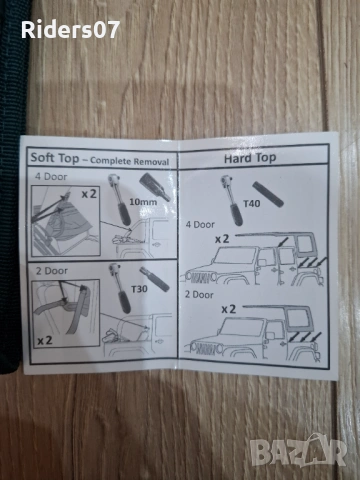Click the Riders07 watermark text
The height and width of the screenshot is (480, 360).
tap(70, 30)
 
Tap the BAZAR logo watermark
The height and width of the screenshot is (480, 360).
tap(299, 450)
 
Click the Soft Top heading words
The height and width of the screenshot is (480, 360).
tap(55, 158)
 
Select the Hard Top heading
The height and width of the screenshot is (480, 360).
tap(250, 158)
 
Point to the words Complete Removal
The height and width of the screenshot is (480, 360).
tap(130, 161)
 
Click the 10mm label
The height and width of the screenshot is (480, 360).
tap(143, 202)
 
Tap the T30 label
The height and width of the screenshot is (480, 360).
tap(139, 289)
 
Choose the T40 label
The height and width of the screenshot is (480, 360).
tap(252, 203)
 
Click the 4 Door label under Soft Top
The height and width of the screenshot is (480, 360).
tap(51, 177)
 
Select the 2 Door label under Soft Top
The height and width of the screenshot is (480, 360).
tap(52, 271)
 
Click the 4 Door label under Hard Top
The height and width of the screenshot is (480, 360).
tap(200, 225)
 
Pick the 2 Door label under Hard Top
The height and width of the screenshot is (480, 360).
tap(199, 295)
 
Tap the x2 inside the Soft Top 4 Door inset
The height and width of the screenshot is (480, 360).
tap(89, 194)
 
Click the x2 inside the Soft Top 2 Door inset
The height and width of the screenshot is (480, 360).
tap(45, 340)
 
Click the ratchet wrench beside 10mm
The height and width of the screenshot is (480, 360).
tap(120, 199)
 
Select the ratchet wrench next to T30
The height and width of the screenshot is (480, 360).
tap(120, 287)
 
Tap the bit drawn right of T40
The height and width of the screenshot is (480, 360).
tap(268, 194)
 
